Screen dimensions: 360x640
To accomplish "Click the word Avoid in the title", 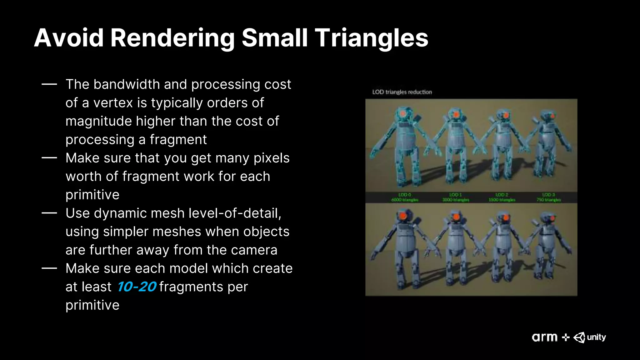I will tap(69, 38).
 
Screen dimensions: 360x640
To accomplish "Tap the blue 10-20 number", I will tap(137, 287).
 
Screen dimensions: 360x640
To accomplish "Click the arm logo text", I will tap(545, 337).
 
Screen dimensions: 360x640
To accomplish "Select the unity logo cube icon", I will tap(579, 337).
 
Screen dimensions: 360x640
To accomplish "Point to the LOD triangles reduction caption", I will tap(402, 92).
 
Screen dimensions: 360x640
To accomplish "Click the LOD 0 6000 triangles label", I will tap(405, 197).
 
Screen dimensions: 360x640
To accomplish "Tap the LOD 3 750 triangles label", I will tap(548, 197).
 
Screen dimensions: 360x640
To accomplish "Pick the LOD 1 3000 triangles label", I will tap(456, 197).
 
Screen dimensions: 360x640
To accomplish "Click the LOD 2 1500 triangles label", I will tap(502, 197).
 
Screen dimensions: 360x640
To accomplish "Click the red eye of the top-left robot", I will tap(403, 114).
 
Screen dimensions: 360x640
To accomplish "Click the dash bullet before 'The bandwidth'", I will tap(49, 84).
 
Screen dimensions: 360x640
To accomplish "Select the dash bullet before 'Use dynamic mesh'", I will tap(49, 213).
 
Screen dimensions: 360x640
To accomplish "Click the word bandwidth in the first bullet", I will tap(127, 84).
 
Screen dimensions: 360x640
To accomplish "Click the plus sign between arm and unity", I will tap(566, 337).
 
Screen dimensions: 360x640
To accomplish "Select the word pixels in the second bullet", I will tap(271, 158).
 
